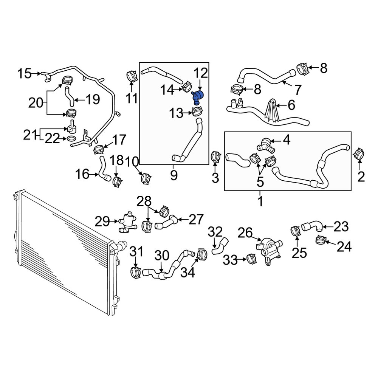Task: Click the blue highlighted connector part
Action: pyautogui.click(x=198, y=97)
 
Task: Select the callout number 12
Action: pyautogui.click(x=201, y=73)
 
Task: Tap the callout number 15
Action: pyautogui.click(x=24, y=73)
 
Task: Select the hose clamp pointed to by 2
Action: pyautogui.click(x=360, y=153)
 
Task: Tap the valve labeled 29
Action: pyautogui.click(x=127, y=222)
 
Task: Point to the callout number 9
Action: pyautogui.click(x=174, y=175)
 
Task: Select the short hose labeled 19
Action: pyautogui.click(x=69, y=97)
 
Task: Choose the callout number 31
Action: pyautogui.click(x=137, y=251)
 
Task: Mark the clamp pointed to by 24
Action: pyautogui.click(x=321, y=240)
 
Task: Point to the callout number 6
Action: pyautogui.click(x=291, y=105)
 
